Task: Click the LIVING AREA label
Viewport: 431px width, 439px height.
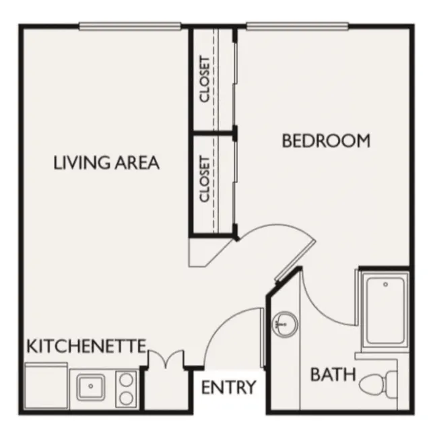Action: click(x=106, y=163)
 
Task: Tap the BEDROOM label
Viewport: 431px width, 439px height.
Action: click(x=326, y=141)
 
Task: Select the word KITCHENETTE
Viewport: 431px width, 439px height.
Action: click(x=86, y=346)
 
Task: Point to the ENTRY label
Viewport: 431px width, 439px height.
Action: click(x=229, y=387)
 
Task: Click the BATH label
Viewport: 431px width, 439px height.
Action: click(x=333, y=374)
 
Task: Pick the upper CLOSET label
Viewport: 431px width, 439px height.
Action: click(x=205, y=79)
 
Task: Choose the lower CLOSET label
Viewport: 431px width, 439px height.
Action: click(x=205, y=179)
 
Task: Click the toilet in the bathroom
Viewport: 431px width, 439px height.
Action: click(x=378, y=384)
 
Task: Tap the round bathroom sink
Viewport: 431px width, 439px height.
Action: click(x=285, y=325)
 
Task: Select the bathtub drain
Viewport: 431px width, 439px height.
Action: click(x=385, y=284)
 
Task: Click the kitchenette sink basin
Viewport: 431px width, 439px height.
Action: click(x=91, y=386)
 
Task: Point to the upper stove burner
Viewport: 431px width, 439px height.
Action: click(x=126, y=380)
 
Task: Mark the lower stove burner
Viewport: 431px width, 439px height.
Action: click(x=126, y=398)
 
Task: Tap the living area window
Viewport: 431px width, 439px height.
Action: click(x=130, y=26)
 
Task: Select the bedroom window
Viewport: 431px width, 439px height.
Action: click(x=297, y=26)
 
